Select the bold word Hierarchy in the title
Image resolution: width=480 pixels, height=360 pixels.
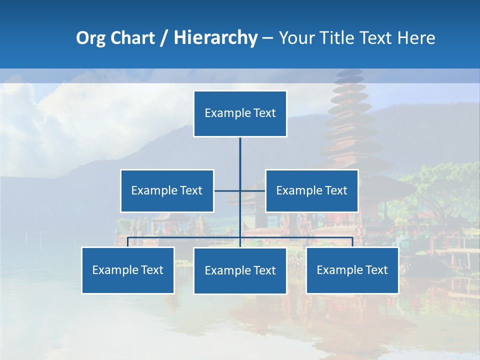pyautogui.click(x=215, y=38)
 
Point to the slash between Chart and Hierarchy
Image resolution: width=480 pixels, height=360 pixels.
pyautogui.click(x=164, y=38)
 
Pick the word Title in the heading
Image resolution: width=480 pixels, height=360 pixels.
pyautogui.click(x=338, y=38)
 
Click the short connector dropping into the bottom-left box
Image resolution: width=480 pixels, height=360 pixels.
pyautogui.click(x=128, y=242)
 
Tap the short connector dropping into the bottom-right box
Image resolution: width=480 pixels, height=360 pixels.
pyautogui.click(x=352, y=242)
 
